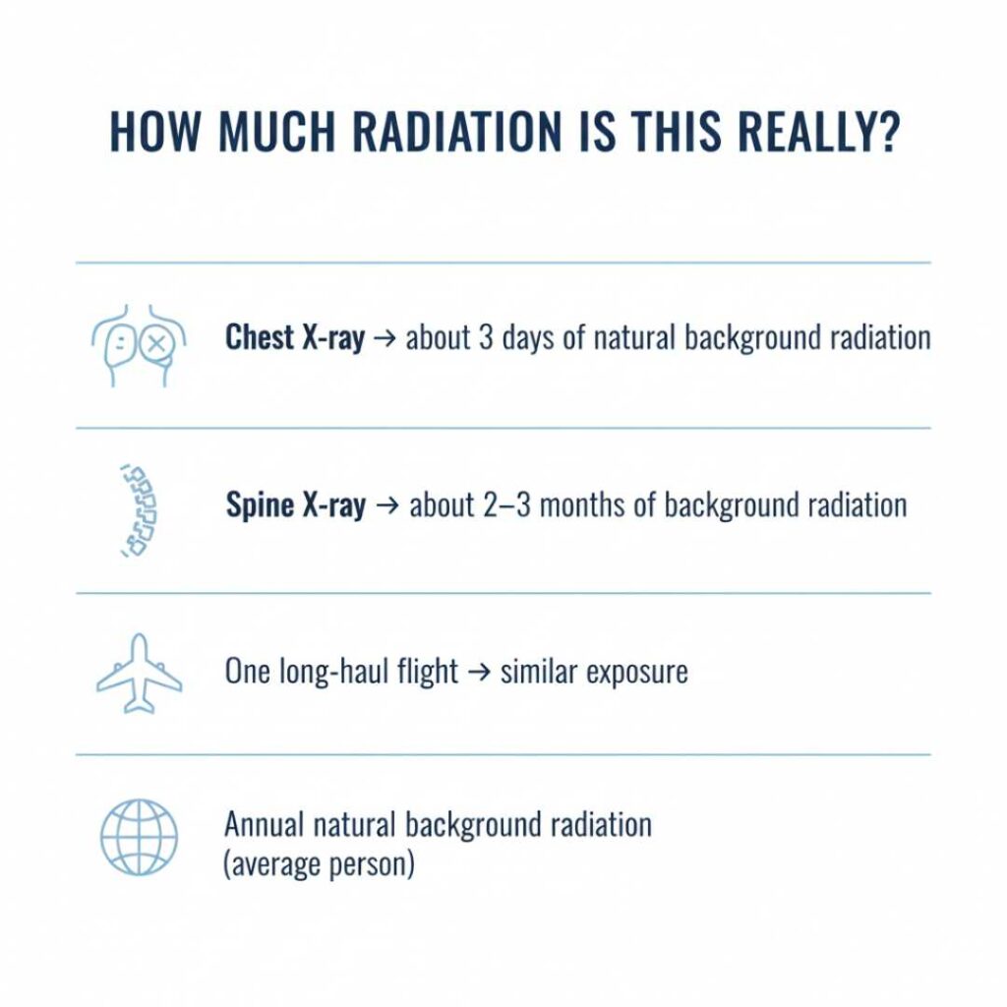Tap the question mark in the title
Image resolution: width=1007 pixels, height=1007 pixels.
click(885, 132)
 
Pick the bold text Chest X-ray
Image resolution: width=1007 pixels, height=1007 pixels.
click(294, 338)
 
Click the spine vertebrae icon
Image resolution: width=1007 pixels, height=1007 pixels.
click(138, 510)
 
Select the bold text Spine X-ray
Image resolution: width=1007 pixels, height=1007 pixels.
click(295, 505)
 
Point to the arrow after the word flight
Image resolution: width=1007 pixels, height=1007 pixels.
click(479, 673)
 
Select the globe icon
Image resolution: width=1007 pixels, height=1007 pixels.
click(139, 837)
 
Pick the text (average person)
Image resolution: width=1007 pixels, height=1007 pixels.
click(319, 866)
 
